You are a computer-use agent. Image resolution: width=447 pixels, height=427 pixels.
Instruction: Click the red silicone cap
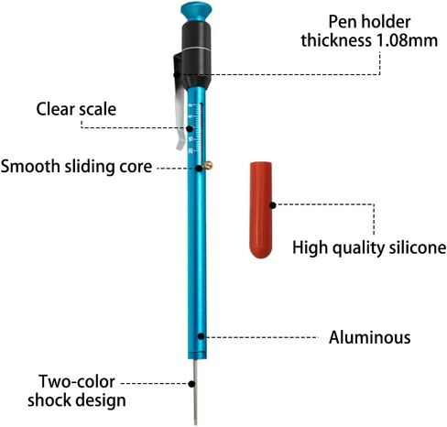pyautogui.click(x=261, y=210)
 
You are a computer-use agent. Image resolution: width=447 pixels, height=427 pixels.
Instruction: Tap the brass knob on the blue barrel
pyautogui.click(x=209, y=165)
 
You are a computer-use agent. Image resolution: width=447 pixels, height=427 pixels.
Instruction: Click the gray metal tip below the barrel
pyautogui.click(x=195, y=392)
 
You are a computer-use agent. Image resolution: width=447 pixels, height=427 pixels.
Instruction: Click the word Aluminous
pyautogui.click(x=369, y=337)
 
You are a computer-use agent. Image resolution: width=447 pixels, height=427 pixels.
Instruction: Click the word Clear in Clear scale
pyautogui.click(x=55, y=109)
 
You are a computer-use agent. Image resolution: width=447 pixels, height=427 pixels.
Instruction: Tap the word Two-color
pyautogui.click(x=77, y=381)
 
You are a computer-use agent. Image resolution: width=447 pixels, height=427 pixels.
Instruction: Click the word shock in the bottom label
pyautogui.click(x=49, y=400)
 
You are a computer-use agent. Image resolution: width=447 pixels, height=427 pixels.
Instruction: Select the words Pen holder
pyautogui.click(x=369, y=22)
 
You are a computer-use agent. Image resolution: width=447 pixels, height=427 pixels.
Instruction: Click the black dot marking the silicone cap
pyautogui.click(x=273, y=205)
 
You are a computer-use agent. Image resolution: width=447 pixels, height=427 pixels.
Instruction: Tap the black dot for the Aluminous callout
pyautogui.click(x=201, y=336)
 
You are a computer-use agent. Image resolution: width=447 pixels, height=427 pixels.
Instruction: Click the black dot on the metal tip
pyautogui.click(x=191, y=384)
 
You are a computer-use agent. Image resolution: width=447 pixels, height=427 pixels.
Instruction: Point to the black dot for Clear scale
pyautogui.click(x=190, y=128)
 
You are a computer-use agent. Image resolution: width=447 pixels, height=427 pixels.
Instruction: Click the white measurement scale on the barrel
pyautogui.click(x=196, y=128)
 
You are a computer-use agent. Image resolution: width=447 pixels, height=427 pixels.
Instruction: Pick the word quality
pyautogui.click(x=358, y=248)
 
